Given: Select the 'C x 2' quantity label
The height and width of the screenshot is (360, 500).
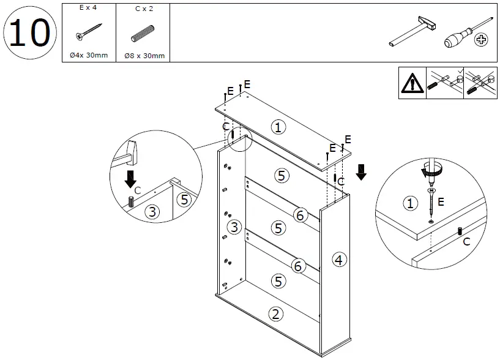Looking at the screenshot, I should point(144,10).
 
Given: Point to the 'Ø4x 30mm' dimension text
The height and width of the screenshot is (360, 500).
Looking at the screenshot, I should point(89,56).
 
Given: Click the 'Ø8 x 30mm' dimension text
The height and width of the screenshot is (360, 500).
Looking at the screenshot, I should point(144,56).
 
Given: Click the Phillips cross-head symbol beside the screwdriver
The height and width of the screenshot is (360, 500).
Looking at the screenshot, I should point(482,40).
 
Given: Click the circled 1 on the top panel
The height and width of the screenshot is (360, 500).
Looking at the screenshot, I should point(278,127).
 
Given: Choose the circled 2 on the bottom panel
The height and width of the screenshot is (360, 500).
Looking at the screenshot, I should point(275,314).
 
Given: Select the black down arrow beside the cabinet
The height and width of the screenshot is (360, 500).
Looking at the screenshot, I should point(361,171).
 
